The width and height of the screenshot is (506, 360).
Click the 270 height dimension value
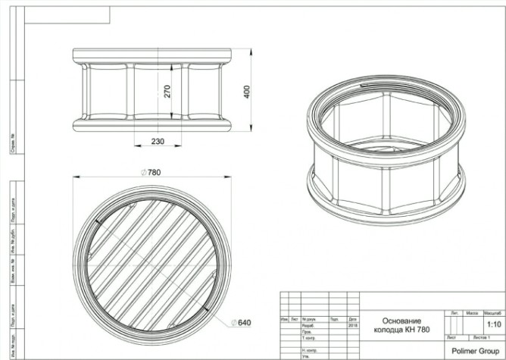click(168, 92)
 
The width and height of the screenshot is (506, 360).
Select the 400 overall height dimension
click(247, 91)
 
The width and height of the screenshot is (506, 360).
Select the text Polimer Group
click(474, 351)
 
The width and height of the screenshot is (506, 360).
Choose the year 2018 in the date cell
click(352, 325)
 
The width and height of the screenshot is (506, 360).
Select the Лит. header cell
click(454, 312)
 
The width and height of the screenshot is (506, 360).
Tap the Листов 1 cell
click(479, 335)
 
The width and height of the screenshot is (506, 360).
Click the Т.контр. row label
click(308, 337)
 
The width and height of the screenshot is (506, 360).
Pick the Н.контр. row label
click(308, 349)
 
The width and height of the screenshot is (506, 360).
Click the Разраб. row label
click(308, 325)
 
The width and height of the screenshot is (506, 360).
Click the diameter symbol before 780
click(144, 173)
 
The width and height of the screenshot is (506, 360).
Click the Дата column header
click(352, 319)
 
